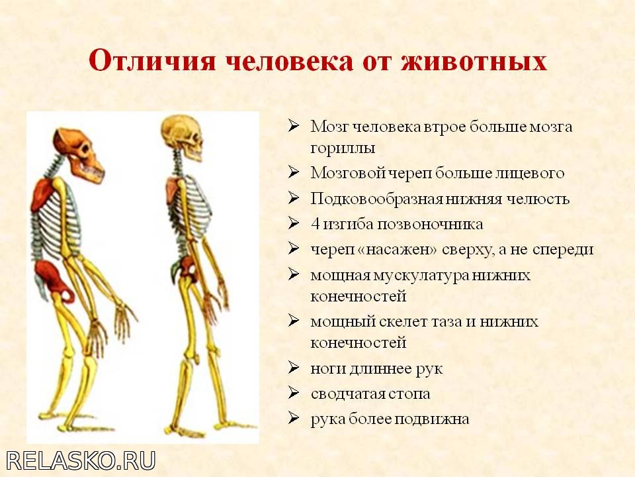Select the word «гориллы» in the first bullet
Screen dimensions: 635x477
point(343,148)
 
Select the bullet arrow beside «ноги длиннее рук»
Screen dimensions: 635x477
point(294,368)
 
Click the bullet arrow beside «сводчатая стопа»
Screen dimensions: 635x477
point(294,394)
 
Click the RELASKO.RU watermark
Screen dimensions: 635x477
point(81,461)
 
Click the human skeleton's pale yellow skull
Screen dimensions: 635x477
point(182,137)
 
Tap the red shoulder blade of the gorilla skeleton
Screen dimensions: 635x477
point(42,195)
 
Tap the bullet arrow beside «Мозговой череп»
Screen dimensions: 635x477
point(294,173)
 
